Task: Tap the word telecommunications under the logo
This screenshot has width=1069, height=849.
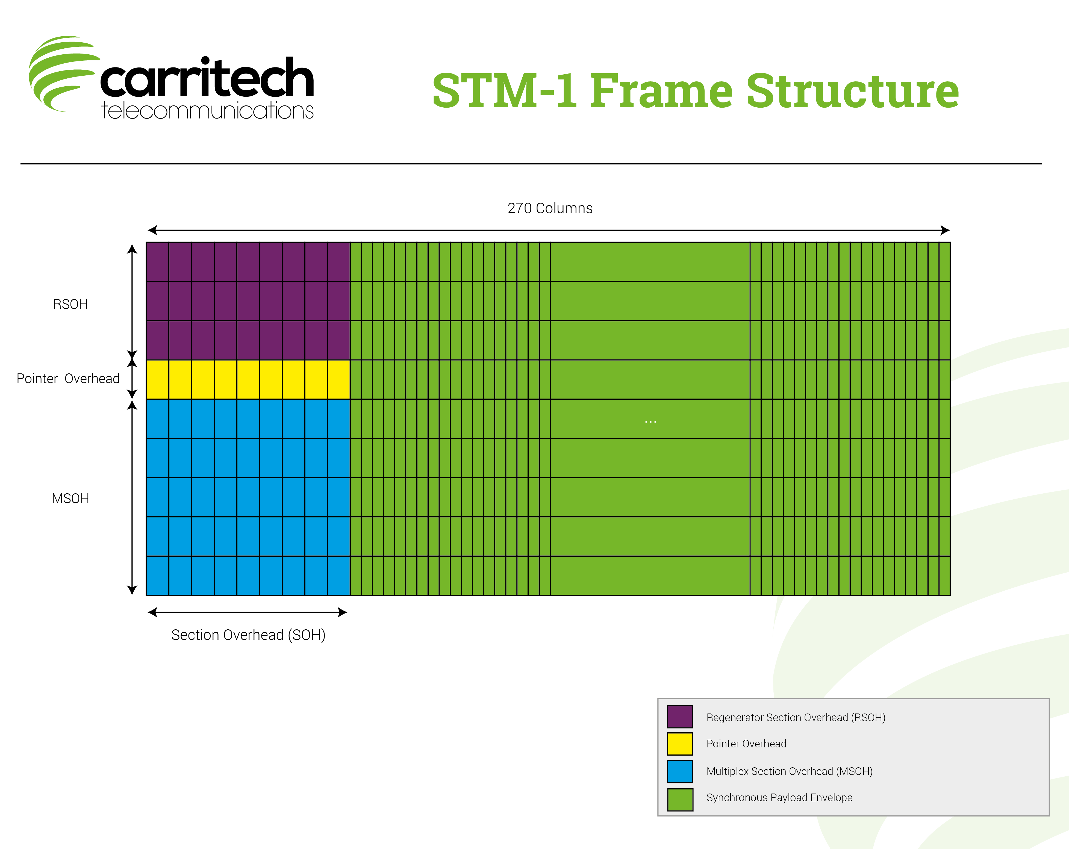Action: point(207,110)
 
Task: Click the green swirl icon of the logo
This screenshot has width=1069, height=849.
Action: point(62,73)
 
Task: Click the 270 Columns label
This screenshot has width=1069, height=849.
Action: point(550,208)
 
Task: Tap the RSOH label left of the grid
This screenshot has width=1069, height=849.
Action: point(70,304)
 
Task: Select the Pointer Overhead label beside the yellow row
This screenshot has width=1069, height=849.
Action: point(68,378)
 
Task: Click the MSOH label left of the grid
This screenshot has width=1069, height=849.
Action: point(70,498)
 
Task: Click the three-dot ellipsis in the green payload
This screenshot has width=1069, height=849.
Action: point(650,421)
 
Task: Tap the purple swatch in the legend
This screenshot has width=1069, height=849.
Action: point(680,717)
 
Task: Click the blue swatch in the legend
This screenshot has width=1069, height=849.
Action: point(680,771)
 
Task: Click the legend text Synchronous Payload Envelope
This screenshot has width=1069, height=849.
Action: point(779,797)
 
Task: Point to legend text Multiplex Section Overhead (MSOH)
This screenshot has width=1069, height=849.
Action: point(789,771)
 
